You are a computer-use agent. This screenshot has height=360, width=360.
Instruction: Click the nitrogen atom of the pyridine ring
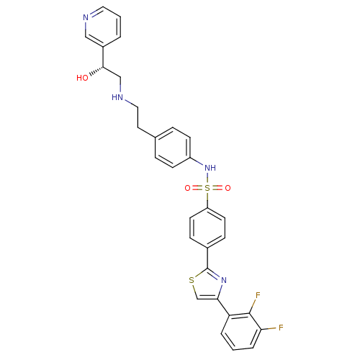pos(86,17)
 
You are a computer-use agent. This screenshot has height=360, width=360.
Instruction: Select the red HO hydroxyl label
pos(82,78)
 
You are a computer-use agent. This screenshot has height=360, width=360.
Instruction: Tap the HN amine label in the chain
pos(117,97)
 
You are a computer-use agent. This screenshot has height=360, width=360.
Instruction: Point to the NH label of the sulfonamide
pos(210,168)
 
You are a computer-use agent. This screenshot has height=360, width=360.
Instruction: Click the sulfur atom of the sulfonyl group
pos(207,188)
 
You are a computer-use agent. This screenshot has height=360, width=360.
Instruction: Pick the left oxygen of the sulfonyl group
pos(187,188)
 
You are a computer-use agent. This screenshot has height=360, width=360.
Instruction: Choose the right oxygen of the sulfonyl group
pos(228,188)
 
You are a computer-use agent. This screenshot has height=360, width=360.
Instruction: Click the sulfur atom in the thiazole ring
pos(192,280)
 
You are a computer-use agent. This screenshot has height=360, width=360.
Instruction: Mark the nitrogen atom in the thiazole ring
pos(224,280)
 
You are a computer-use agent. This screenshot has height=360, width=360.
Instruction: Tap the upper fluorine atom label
pos(258,295)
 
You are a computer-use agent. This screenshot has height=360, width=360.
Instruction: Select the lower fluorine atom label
pos(281,328)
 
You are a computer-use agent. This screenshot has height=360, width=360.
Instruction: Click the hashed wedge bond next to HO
pos(96,71)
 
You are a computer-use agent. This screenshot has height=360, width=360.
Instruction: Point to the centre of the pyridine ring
pos(103,27)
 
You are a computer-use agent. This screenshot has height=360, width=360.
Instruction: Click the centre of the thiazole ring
pos(207,285)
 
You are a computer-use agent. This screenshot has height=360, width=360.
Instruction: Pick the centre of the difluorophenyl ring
pos(241,331)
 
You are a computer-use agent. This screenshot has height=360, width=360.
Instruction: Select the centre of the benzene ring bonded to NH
pos(173,148)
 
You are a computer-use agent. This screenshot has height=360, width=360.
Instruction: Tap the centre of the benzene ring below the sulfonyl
pos(207,228)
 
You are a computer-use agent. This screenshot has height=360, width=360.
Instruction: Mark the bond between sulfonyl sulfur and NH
pos(207,178)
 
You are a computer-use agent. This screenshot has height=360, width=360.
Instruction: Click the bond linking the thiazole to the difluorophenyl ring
pos(223,307)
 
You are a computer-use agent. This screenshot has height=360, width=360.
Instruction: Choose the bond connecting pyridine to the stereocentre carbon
pos(103,57)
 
